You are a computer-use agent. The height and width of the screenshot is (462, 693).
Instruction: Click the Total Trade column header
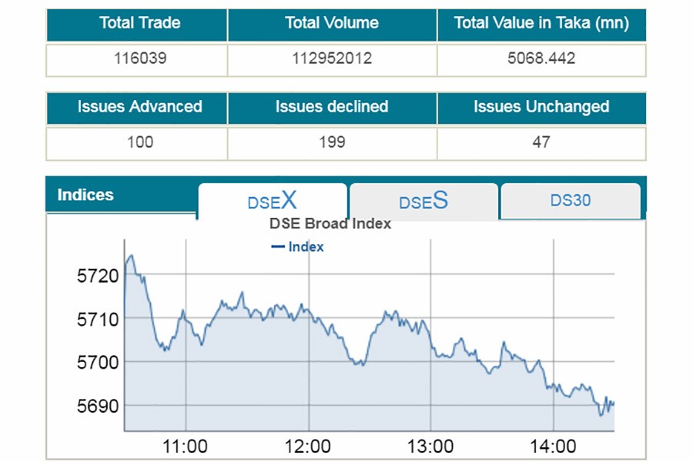pyautogui.click(x=139, y=23)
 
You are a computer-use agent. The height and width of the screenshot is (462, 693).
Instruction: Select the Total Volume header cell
pyautogui.click(x=332, y=23)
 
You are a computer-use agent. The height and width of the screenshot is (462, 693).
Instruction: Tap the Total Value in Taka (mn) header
pyautogui.click(x=541, y=23)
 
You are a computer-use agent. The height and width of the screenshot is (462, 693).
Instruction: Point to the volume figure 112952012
pyautogui.click(x=332, y=59)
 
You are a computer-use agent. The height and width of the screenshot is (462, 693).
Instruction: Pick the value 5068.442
pyautogui.click(x=541, y=59)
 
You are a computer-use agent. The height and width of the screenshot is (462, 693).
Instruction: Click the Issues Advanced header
pyautogui.click(x=139, y=107)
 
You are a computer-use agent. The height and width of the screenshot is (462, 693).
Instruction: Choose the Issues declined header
pyautogui.click(x=332, y=107)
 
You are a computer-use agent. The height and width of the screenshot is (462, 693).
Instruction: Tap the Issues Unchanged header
pyautogui.click(x=541, y=107)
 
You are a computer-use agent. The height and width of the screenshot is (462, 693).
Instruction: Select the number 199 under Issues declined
pyautogui.click(x=332, y=142)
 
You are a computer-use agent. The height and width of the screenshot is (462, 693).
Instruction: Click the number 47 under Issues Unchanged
pyautogui.click(x=541, y=142)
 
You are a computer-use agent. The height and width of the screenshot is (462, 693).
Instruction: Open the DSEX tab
pyautogui.click(x=272, y=202)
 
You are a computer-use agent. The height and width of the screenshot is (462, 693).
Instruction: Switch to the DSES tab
pyautogui.click(x=423, y=202)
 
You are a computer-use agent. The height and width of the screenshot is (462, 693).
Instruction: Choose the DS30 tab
pyautogui.click(x=571, y=201)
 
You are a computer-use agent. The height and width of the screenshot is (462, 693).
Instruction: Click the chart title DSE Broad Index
pyautogui.click(x=330, y=224)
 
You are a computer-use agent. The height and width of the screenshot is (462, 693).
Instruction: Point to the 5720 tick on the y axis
pyautogui.click(x=98, y=275)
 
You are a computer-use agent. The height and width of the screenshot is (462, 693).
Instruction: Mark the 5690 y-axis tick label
pyautogui.click(x=98, y=405)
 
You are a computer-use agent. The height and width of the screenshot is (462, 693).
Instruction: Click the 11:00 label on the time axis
pyautogui.click(x=186, y=446)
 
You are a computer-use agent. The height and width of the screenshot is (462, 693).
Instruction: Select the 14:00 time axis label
pyautogui.click(x=554, y=446)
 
